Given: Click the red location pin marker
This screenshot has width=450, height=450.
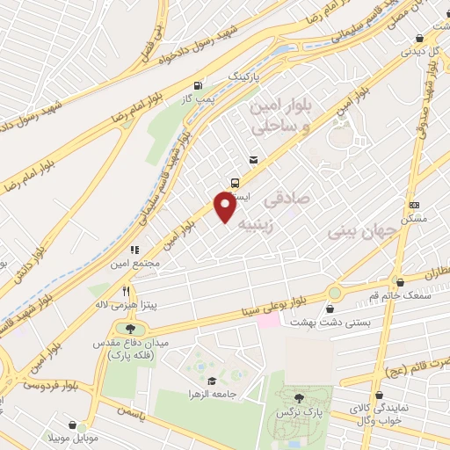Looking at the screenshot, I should click(x=225, y=207).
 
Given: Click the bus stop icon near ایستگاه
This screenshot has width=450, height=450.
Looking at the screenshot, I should click(x=235, y=183).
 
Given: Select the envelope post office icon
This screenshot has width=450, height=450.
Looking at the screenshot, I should click(x=253, y=159).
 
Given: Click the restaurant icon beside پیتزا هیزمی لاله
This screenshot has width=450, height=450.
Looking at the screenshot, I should click(x=127, y=291).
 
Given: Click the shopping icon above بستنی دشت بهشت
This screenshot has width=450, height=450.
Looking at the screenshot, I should click(x=330, y=309).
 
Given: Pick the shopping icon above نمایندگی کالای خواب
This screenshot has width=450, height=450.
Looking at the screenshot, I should click(x=379, y=396).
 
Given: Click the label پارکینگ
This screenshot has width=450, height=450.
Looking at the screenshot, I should click(x=245, y=77).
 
